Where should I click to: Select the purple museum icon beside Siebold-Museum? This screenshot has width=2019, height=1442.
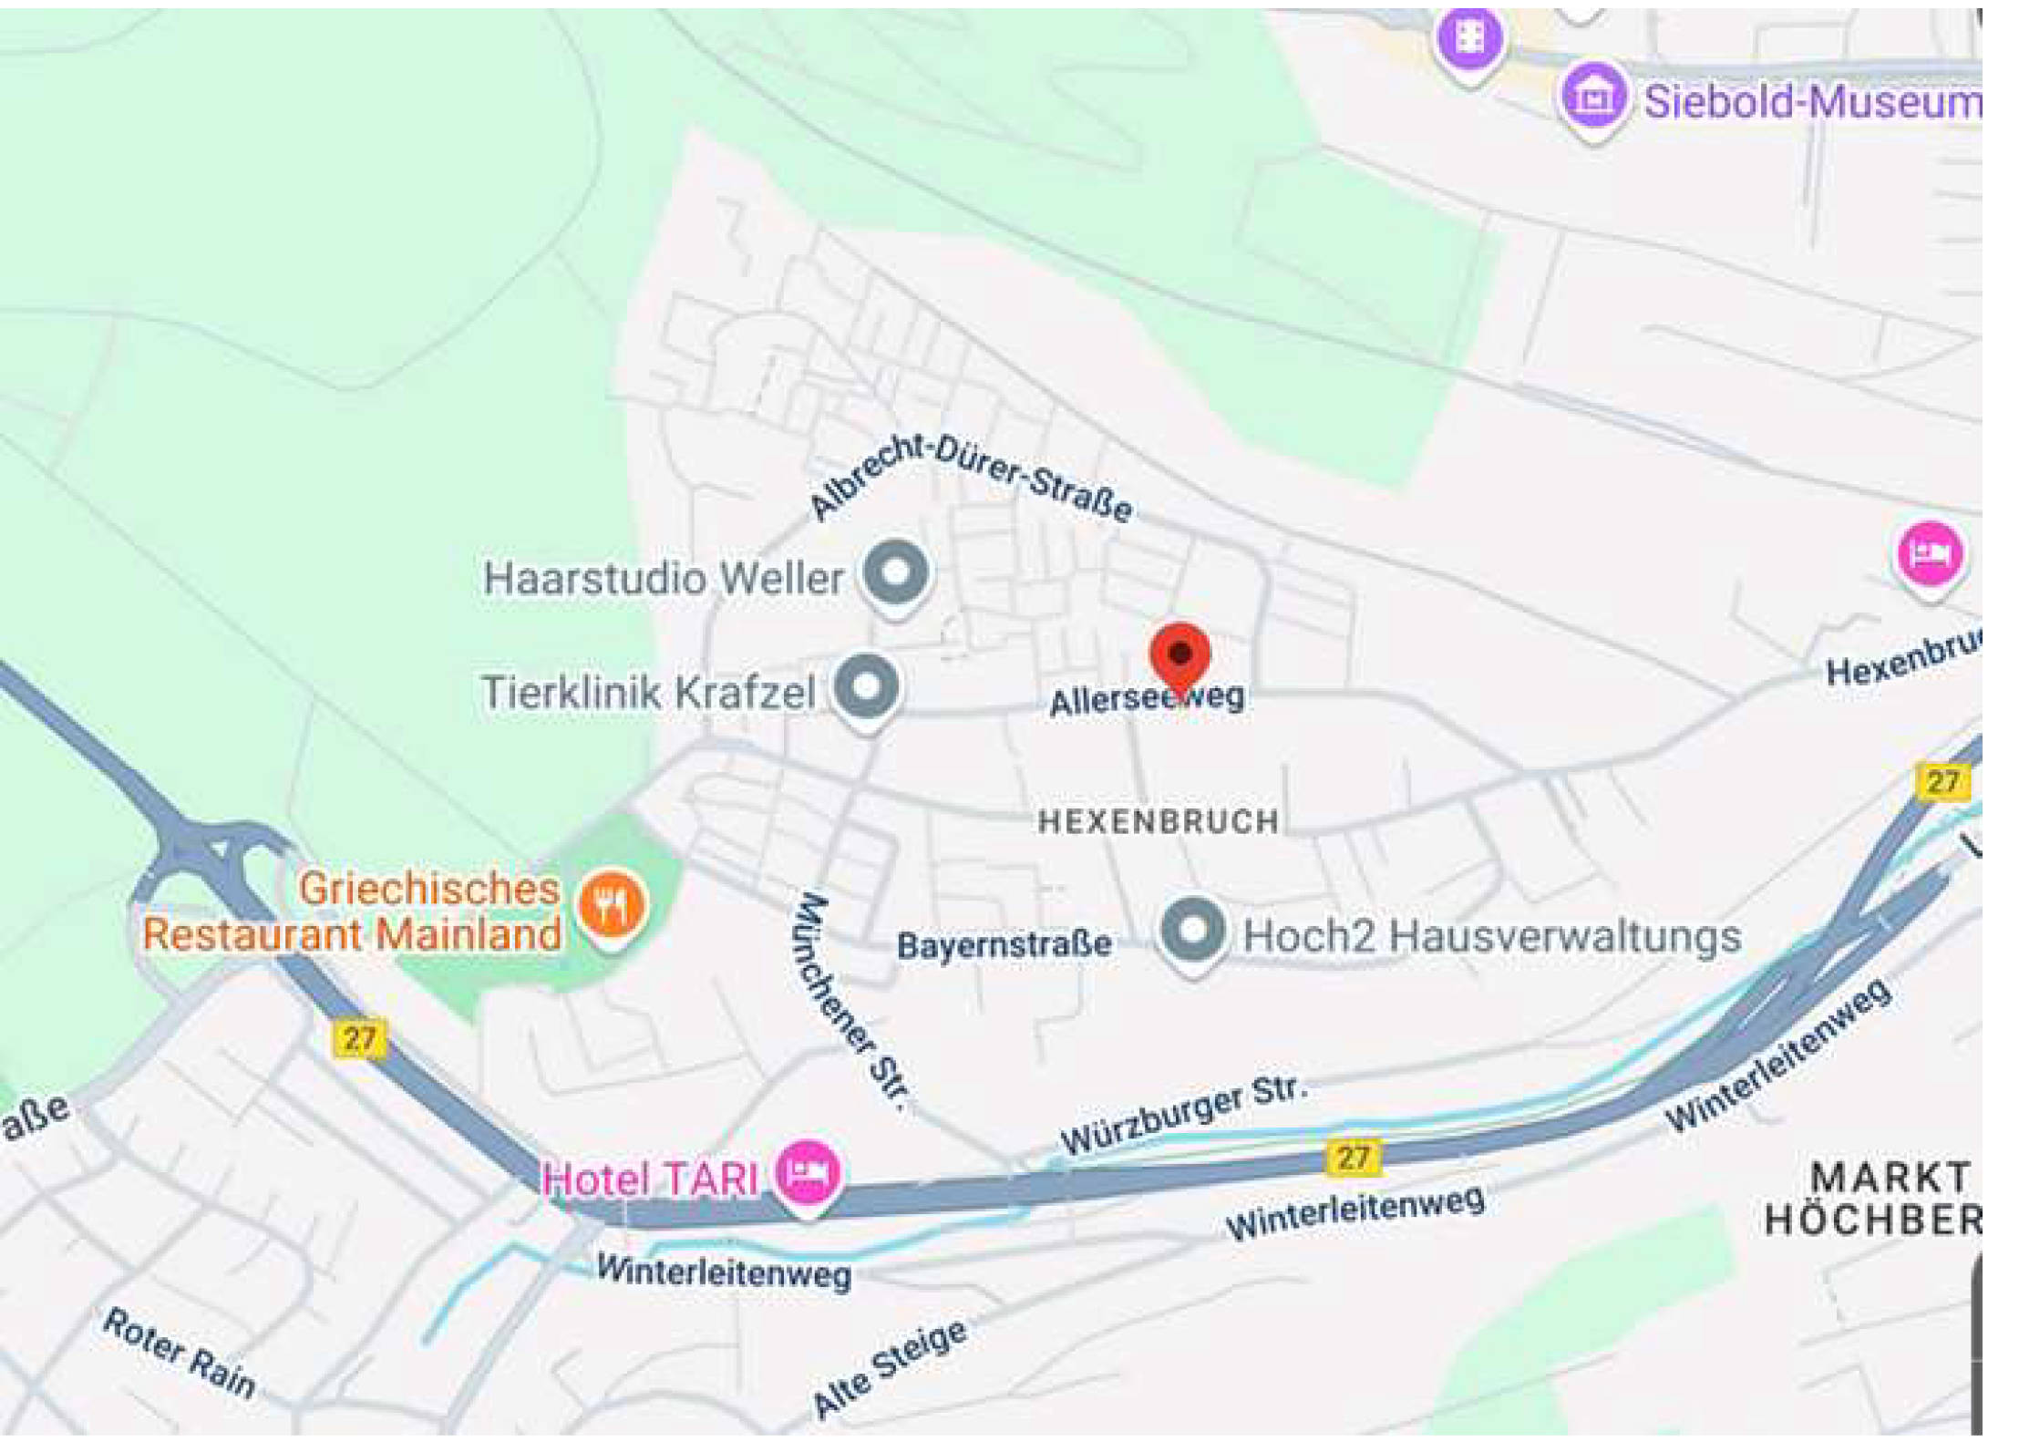1592,98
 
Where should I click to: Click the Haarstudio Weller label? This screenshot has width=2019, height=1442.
663,579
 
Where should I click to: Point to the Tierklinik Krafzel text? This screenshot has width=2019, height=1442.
647,692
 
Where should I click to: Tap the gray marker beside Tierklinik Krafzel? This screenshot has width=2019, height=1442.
867,686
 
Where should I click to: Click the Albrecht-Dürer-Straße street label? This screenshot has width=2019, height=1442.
972,475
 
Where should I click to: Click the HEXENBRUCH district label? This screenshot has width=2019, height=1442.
1158,822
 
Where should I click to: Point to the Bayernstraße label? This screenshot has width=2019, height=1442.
1004,945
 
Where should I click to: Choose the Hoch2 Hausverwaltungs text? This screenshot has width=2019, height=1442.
1491,937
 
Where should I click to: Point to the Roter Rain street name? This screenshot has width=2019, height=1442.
179,1352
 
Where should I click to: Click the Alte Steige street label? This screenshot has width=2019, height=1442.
889,1368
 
